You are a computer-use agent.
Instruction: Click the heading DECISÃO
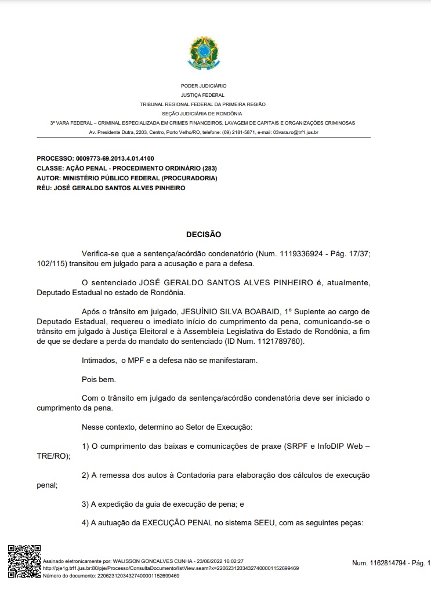tap(203, 234)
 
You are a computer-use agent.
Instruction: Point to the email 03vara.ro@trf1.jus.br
tap(295, 132)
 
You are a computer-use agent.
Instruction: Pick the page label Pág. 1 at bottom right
tap(420, 563)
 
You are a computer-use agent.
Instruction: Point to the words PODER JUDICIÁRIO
tap(203, 86)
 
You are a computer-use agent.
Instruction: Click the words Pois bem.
tap(99, 380)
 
